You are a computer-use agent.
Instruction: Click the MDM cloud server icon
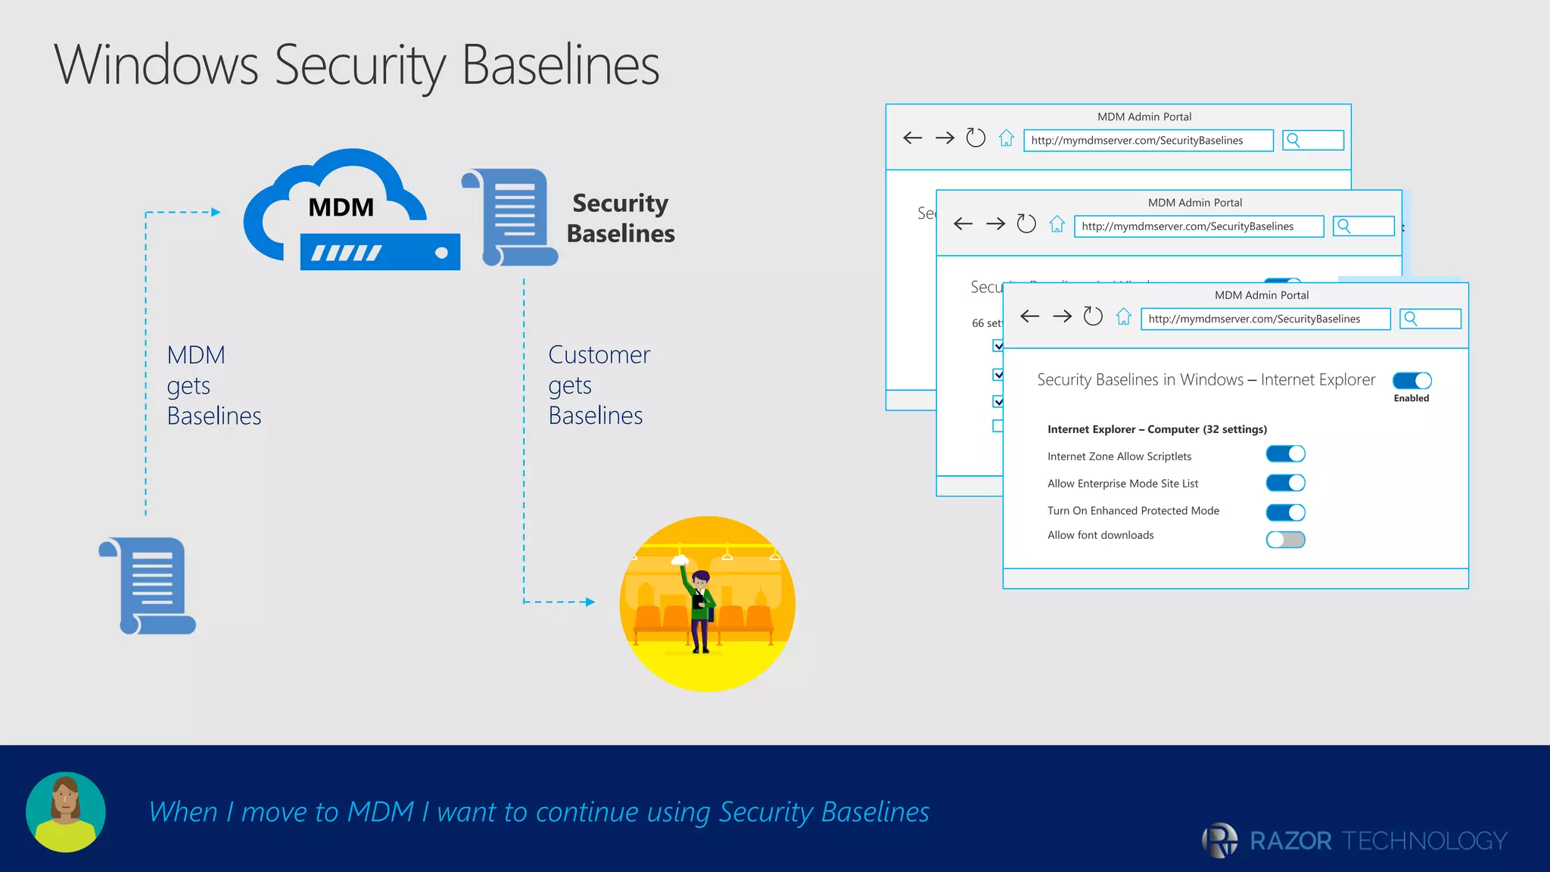pyautogui.click(x=350, y=212)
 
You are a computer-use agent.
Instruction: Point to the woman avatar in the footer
pyautogui.click(x=66, y=811)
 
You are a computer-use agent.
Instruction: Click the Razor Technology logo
pyautogui.click(x=1354, y=840)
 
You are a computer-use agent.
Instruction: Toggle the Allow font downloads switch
pyautogui.click(x=1285, y=540)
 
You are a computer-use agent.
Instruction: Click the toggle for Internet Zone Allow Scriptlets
pyautogui.click(x=1285, y=454)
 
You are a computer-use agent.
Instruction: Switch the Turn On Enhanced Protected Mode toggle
pyautogui.click(x=1285, y=512)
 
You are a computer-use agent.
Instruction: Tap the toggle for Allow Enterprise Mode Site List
pyautogui.click(x=1285, y=483)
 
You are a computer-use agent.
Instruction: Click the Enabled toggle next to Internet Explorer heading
pyautogui.click(x=1411, y=381)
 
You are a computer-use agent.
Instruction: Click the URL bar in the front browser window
pyautogui.click(x=1265, y=319)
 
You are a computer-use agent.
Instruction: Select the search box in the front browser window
pyautogui.click(x=1430, y=319)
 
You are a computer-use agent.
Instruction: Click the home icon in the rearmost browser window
pyautogui.click(x=1006, y=139)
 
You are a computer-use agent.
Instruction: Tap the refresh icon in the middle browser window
pyautogui.click(x=1026, y=224)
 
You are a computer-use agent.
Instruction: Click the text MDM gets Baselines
pyautogui.click(x=213, y=385)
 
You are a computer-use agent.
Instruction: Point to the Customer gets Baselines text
pyautogui.click(x=598, y=385)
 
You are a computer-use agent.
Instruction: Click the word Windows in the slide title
pyautogui.click(x=156, y=65)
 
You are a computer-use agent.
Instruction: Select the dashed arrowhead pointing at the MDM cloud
pyautogui.click(x=216, y=213)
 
